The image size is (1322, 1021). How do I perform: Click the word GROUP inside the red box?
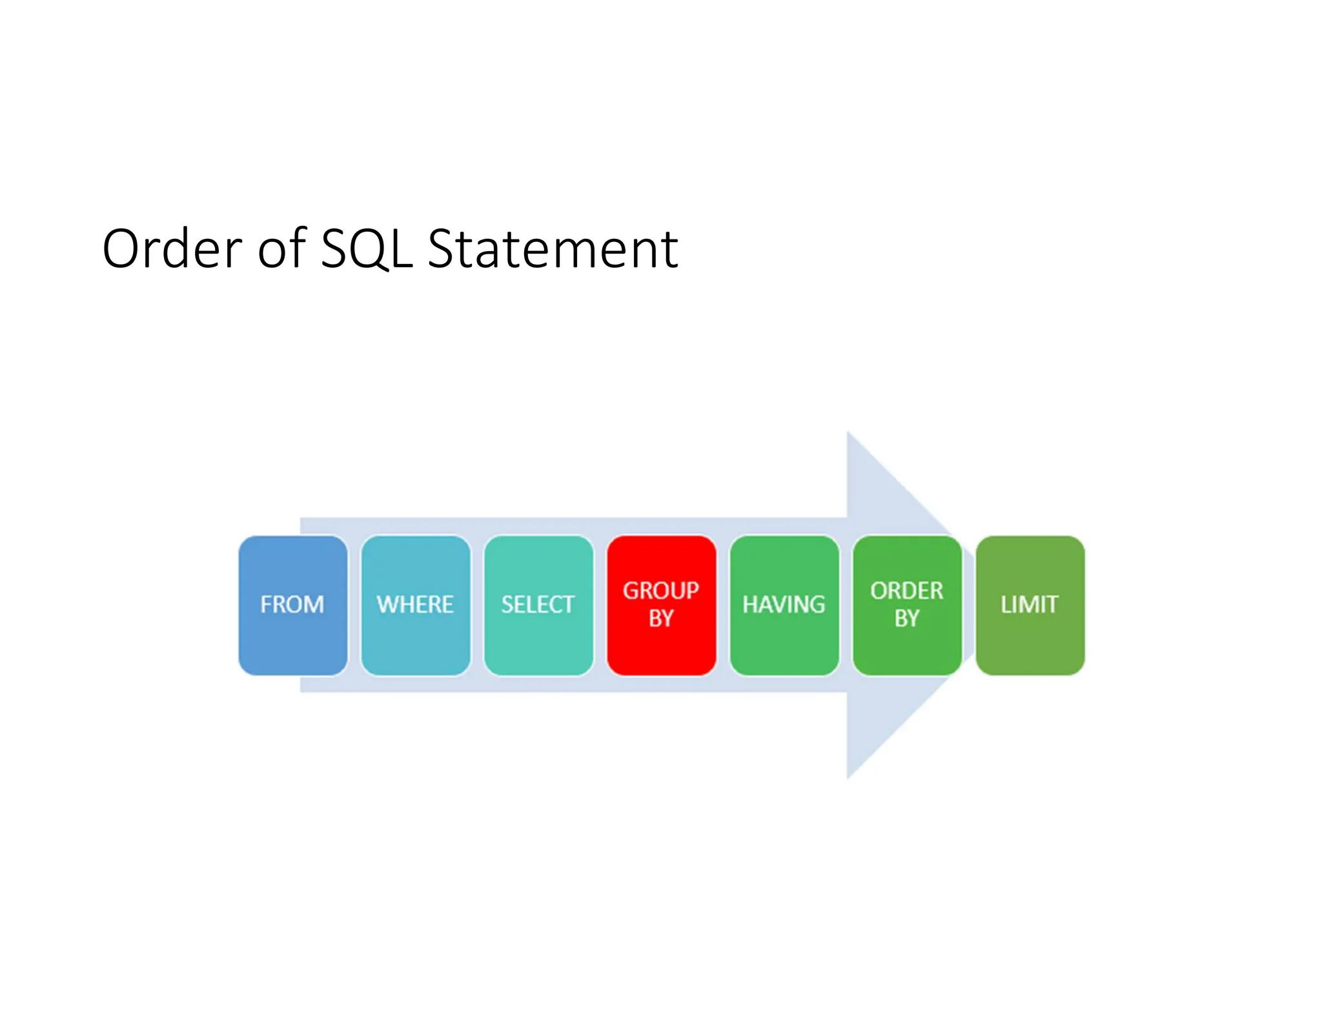pyautogui.click(x=661, y=591)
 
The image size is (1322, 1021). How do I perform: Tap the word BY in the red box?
pyautogui.click(x=661, y=618)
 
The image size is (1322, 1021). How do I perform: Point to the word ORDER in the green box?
pyautogui.click(x=906, y=591)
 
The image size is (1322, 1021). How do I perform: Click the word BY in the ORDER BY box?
pyautogui.click(x=906, y=618)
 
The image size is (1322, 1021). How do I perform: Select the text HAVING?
pyautogui.click(x=784, y=605)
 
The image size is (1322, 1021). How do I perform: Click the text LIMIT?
pyautogui.click(x=1030, y=605)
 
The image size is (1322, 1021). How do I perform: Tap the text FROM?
pyautogui.click(x=292, y=605)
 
